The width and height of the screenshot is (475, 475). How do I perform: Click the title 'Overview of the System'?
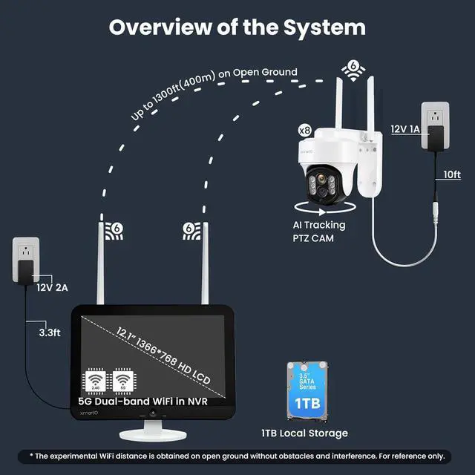(237, 27)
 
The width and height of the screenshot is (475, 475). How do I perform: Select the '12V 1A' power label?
(406, 128)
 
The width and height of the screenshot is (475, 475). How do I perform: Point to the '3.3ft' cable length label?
(49, 333)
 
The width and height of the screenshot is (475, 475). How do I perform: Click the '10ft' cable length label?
(451, 174)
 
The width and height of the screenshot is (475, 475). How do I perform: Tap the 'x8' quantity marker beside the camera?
(304, 129)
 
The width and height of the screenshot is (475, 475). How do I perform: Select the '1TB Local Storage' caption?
(304, 433)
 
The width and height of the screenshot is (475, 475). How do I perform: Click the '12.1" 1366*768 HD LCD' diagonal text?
(163, 355)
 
